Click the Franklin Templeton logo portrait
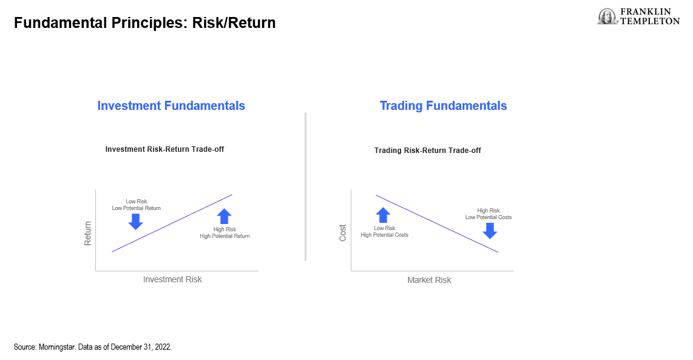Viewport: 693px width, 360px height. (x=607, y=17)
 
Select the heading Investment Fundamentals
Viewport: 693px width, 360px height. (x=171, y=106)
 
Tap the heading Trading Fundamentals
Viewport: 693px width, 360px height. (x=444, y=106)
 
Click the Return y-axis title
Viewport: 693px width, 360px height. (x=87, y=234)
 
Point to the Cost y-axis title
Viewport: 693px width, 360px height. (x=342, y=233)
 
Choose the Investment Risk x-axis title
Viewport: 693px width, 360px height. (x=172, y=279)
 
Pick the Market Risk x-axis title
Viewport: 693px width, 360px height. (x=429, y=280)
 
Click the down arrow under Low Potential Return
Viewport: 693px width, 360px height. (x=136, y=222)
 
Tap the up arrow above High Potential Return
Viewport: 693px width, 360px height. (x=225, y=216)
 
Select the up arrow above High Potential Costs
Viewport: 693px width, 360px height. (x=383, y=215)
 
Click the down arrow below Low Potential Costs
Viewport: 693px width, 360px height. (x=490, y=231)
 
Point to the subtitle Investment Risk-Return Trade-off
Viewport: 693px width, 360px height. (x=164, y=149)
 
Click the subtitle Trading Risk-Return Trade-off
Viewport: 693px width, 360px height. (x=427, y=151)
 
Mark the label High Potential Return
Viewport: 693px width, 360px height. (x=225, y=236)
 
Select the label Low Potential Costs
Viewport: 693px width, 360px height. (x=488, y=217)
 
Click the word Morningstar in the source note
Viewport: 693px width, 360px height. (x=58, y=347)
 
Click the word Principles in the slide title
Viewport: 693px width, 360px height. (x=149, y=22)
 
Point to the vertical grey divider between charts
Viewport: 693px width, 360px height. (x=305, y=186)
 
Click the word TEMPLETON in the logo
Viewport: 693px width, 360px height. (x=650, y=21)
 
